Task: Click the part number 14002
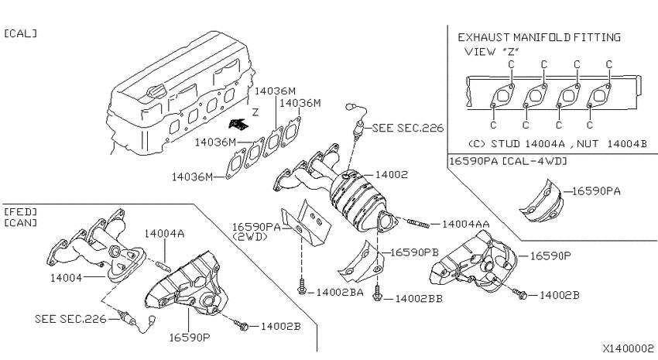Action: point(392,174)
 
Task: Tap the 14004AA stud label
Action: point(465,225)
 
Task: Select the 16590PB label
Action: point(414,252)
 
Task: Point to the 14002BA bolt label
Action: point(340,292)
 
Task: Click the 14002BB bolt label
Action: point(419,298)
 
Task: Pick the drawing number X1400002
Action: point(629,348)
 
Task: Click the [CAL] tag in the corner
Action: point(20,33)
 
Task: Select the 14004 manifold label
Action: point(66,277)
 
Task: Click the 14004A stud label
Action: point(164,233)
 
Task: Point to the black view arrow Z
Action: point(238,123)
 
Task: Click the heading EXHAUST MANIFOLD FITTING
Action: point(539,37)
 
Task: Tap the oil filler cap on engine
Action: point(156,90)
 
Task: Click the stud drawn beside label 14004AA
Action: point(417,222)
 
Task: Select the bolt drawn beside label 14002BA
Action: point(301,287)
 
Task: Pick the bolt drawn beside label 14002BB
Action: point(377,293)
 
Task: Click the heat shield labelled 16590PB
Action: point(361,262)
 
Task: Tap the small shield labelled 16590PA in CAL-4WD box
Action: point(540,201)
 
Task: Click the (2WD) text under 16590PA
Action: point(250,237)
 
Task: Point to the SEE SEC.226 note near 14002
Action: point(407,128)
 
